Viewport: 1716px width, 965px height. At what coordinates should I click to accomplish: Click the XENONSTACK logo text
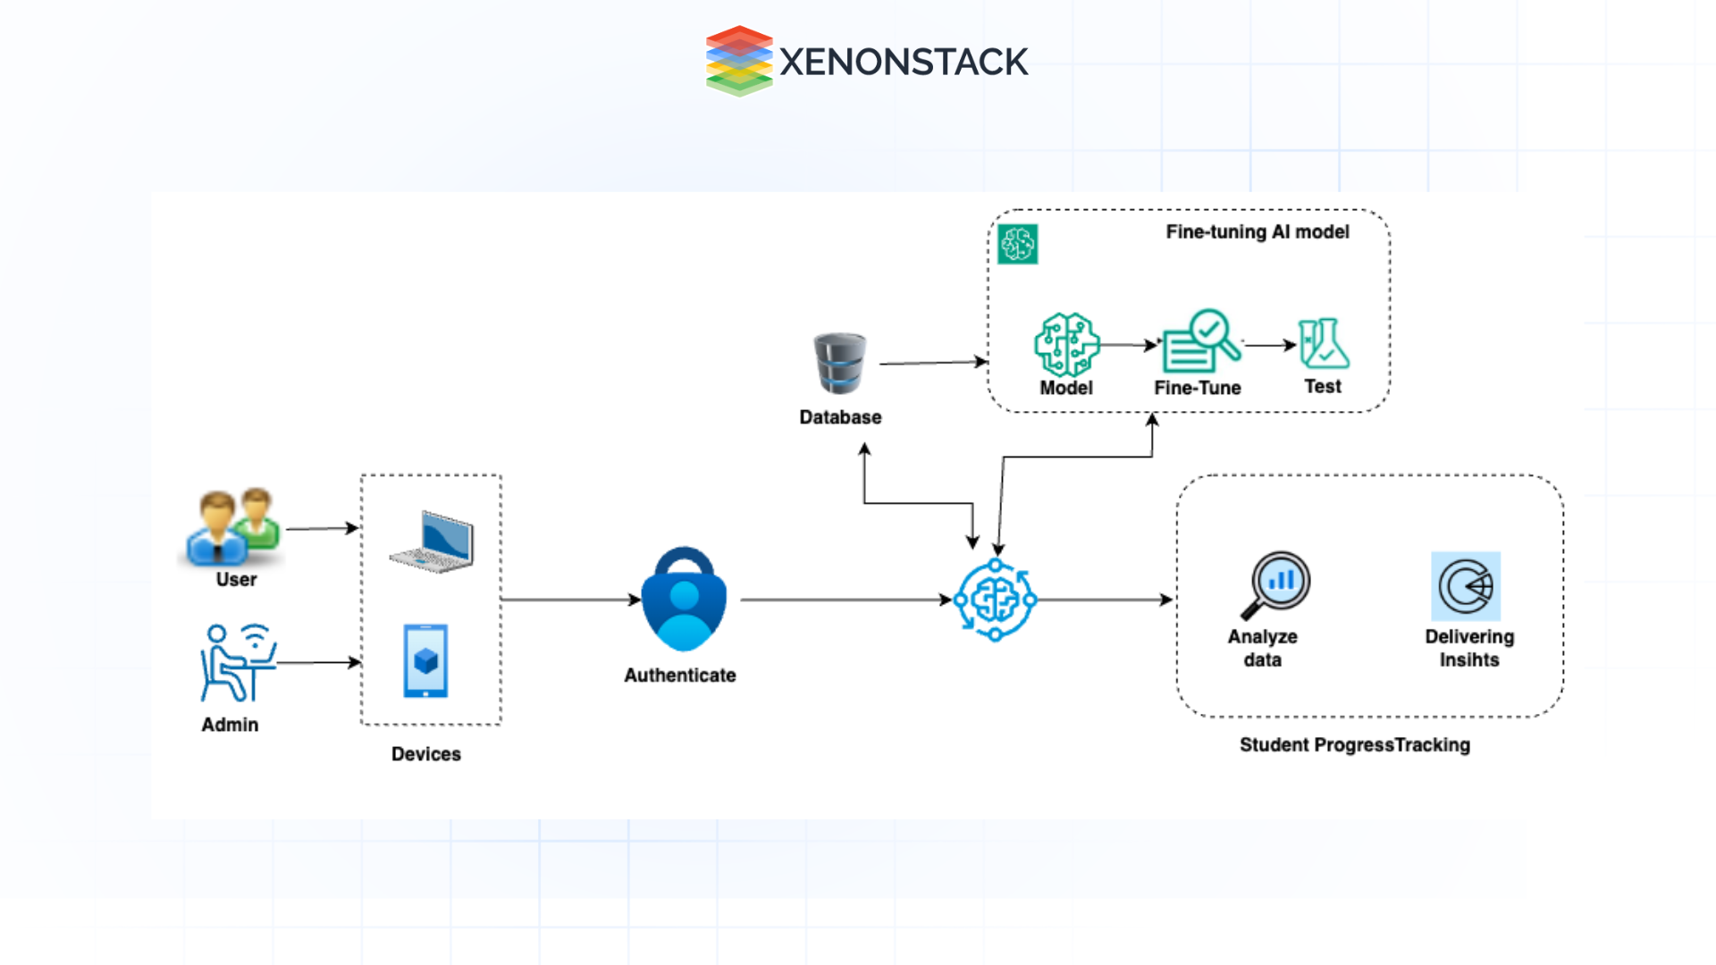coord(903,62)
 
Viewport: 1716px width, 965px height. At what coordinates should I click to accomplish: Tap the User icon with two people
coord(233,528)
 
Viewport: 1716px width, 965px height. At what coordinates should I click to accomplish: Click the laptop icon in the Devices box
coord(433,541)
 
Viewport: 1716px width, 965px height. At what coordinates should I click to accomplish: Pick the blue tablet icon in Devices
coord(425,661)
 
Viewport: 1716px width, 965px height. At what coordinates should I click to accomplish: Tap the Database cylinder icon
coord(839,364)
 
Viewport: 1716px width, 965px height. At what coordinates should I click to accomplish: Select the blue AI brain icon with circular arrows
coord(995,600)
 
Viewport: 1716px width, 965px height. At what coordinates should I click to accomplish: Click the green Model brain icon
coord(1066,344)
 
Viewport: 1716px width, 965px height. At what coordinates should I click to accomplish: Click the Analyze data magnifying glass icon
coord(1276,584)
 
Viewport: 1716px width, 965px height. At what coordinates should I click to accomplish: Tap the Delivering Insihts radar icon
coord(1466,586)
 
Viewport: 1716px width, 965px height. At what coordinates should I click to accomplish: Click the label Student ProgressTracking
coord(1354,745)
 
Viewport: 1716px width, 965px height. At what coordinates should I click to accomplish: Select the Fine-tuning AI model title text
coord(1257,232)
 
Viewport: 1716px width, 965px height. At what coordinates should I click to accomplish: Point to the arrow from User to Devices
coord(322,529)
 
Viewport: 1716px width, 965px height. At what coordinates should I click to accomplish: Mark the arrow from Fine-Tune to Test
coord(1269,345)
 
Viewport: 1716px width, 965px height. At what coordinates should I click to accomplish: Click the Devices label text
coord(425,754)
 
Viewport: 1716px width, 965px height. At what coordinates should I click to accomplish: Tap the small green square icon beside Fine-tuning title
coord(1018,244)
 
